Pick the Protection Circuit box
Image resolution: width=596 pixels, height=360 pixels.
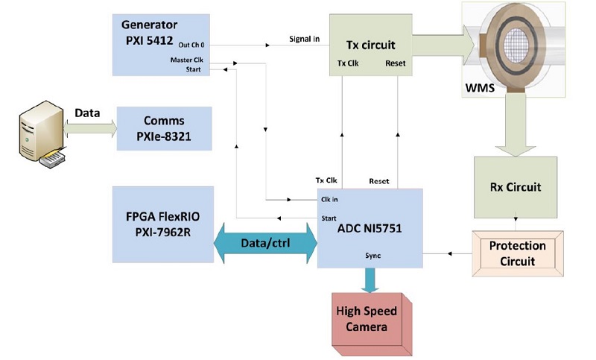517,252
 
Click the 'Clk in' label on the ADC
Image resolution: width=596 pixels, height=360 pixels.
330,199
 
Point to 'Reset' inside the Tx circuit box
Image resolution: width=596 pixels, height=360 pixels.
395,63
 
